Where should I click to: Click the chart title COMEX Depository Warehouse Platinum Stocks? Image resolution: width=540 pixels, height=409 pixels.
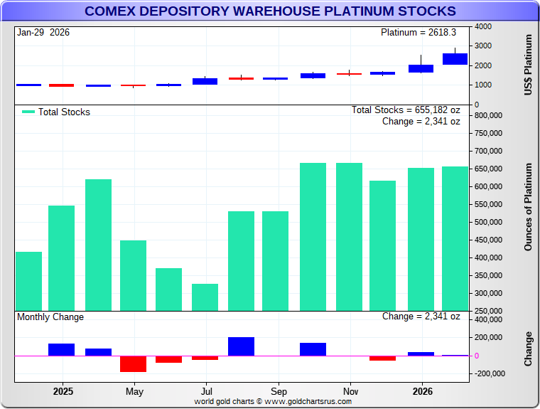pyautogui.click(x=270, y=11)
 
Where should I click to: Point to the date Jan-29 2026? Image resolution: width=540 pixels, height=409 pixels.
pyautogui.click(x=44, y=33)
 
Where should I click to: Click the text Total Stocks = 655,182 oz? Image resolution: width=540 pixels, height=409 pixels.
pyautogui.click(x=406, y=110)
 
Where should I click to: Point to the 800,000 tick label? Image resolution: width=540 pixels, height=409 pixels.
pyautogui.click(x=489, y=115)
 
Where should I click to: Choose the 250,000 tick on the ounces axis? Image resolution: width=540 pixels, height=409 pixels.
pyautogui.click(x=489, y=311)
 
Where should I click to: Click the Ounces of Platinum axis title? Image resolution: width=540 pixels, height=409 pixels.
pyautogui.click(x=528, y=207)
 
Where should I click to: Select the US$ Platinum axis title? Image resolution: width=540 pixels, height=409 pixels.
pyautogui.click(x=528, y=65)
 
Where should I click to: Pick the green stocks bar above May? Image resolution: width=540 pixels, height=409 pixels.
pyautogui.click(x=133, y=275)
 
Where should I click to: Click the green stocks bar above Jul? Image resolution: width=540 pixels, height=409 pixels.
pyautogui.click(x=205, y=297)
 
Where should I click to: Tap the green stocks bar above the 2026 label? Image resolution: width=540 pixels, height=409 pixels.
pyautogui.click(x=421, y=239)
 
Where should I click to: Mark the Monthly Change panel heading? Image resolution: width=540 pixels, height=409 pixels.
pyautogui.click(x=50, y=317)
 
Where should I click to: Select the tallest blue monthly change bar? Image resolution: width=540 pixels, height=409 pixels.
pyautogui.click(x=241, y=346)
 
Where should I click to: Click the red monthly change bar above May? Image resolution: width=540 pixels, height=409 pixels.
pyautogui.click(x=133, y=363)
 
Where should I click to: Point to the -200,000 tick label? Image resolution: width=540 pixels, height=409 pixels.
pyautogui.click(x=490, y=373)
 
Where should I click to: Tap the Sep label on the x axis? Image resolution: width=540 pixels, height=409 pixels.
pyautogui.click(x=279, y=392)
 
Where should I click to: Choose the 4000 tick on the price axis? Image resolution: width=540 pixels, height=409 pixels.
pyautogui.click(x=483, y=26)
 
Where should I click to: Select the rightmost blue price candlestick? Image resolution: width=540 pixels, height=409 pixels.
pyautogui.click(x=455, y=59)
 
